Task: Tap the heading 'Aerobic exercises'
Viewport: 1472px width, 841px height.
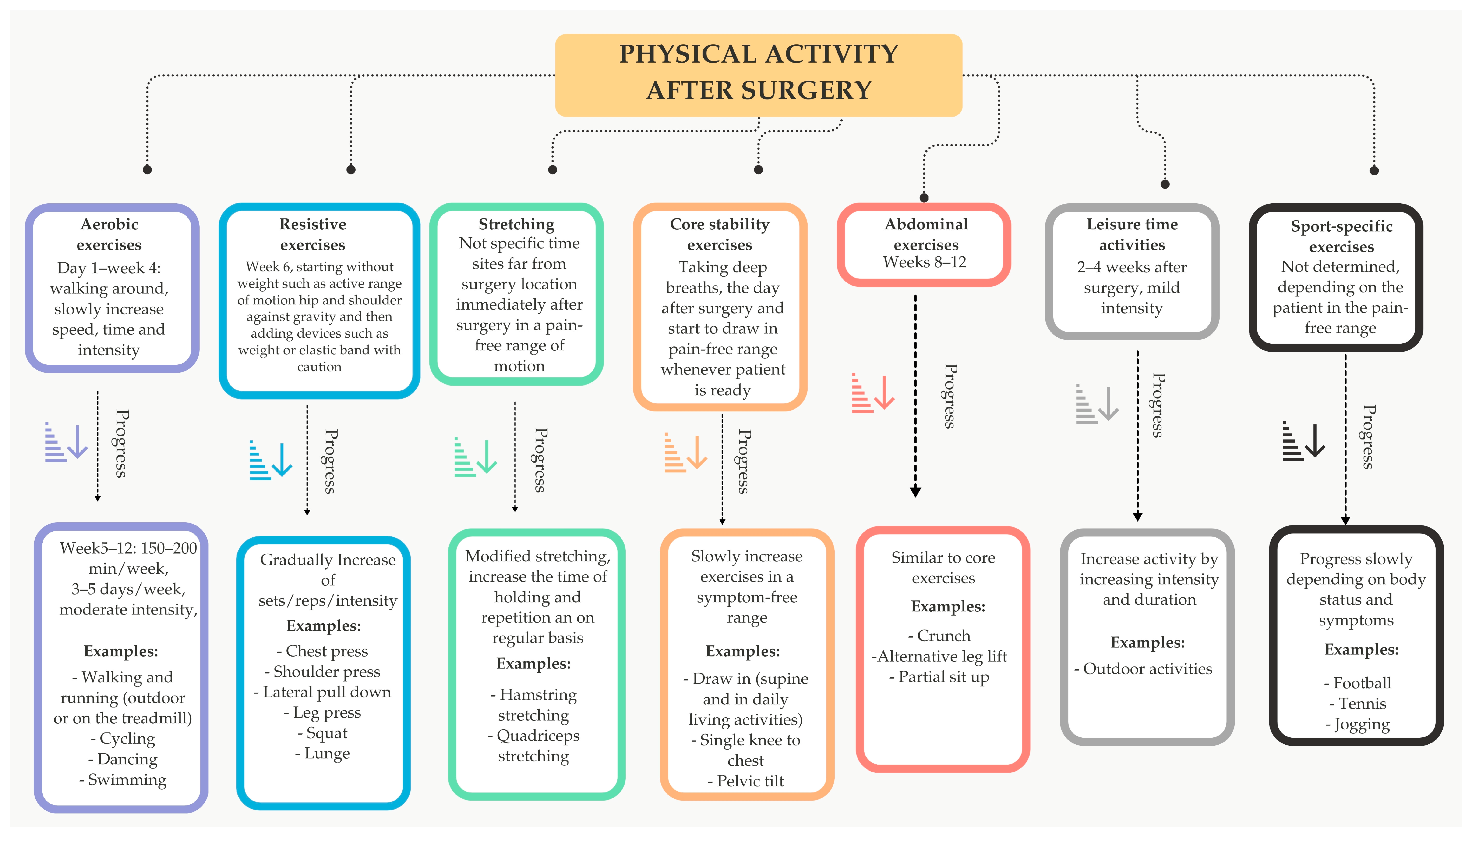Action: click(109, 235)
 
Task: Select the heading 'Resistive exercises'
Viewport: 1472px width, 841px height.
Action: click(313, 235)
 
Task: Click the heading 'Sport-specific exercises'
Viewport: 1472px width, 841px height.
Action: click(1342, 236)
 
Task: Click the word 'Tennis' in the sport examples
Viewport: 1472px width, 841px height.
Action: click(1362, 704)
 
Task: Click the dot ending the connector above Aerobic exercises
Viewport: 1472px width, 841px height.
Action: click(147, 169)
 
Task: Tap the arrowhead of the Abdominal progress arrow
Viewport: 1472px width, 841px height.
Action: click(915, 492)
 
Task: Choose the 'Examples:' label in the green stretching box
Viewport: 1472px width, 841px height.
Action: click(533, 664)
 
